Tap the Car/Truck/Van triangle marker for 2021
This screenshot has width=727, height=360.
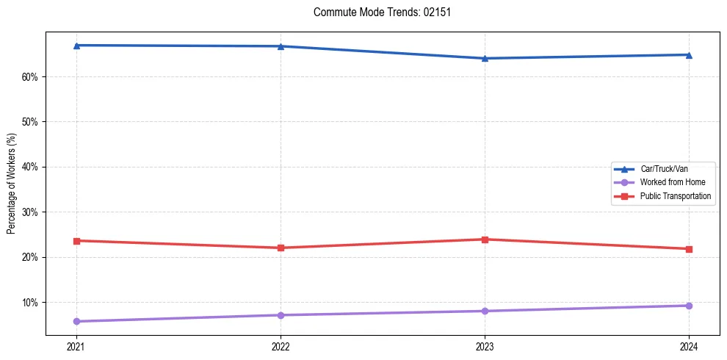coord(76,46)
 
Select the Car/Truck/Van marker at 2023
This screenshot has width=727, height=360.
coord(485,58)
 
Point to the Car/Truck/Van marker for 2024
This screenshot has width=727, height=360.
coord(689,54)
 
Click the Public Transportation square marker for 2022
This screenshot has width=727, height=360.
coord(281,248)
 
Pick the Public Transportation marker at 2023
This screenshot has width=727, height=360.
coord(485,240)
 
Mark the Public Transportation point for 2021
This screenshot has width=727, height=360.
coord(76,241)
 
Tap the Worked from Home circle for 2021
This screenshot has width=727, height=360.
coord(76,321)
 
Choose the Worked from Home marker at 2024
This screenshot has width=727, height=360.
coord(689,306)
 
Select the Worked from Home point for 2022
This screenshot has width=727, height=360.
coord(281,315)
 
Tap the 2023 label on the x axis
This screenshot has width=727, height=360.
coord(485,346)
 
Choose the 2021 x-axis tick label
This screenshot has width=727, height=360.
coord(76,346)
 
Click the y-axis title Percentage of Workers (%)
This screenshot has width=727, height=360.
coord(11,184)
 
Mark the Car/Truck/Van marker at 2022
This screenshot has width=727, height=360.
coord(281,46)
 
